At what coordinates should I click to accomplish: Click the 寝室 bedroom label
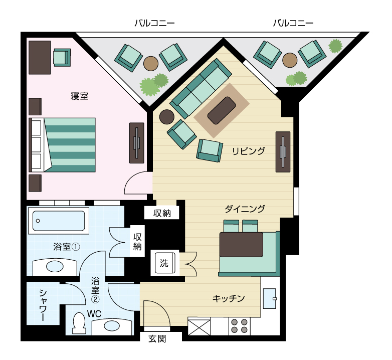pyautogui.click(x=80, y=96)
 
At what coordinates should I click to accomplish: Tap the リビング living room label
pyautogui.click(x=248, y=151)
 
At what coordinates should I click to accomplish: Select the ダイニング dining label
pyautogui.click(x=245, y=209)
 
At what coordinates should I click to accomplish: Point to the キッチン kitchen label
pyautogui.click(x=229, y=298)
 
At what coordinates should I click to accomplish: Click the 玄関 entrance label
pyautogui.click(x=157, y=339)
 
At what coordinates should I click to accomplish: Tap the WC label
pyautogui.click(x=94, y=314)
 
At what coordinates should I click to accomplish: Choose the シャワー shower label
pyautogui.click(x=43, y=305)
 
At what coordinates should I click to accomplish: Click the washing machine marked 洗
pyautogui.click(x=165, y=263)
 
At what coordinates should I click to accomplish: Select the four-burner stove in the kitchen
pyautogui.click(x=239, y=326)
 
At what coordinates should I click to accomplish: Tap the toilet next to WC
pyautogui.click(x=79, y=323)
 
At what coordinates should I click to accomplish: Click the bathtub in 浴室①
pyautogui.click(x=59, y=221)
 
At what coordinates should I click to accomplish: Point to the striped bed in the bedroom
pyautogui.click(x=62, y=145)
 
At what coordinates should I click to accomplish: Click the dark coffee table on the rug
pyautogui.click(x=222, y=110)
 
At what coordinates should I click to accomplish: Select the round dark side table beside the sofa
pyautogui.click(x=167, y=117)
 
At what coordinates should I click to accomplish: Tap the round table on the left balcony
pyautogui.click(x=151, y=63)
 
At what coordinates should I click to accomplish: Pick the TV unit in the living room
pyautogui.click(x=283, y=152)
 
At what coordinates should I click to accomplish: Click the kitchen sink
pyautogui.click(x=270, y=298)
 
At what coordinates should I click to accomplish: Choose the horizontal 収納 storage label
pyautogui.click(x=162, y=213)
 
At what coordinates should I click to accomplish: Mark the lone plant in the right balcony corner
pyautogui.click(x=335, y=46)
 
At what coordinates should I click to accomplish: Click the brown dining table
pyautogui.click(x=241, y=245)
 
